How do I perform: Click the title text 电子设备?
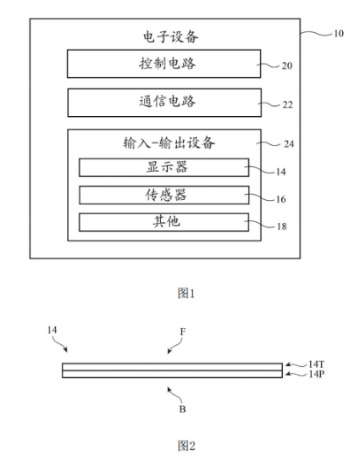171,36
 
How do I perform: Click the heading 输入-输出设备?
169,143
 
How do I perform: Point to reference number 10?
339,33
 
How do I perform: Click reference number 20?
287,65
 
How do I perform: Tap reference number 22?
288,105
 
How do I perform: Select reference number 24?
289,144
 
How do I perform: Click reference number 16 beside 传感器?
280,199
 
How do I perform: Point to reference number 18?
281,226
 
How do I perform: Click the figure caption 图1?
186,293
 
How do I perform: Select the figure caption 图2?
186,446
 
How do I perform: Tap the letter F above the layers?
183,331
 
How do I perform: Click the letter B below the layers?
182,409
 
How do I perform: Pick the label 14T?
316,364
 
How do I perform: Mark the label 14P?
316,375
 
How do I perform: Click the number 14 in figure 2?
52,330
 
